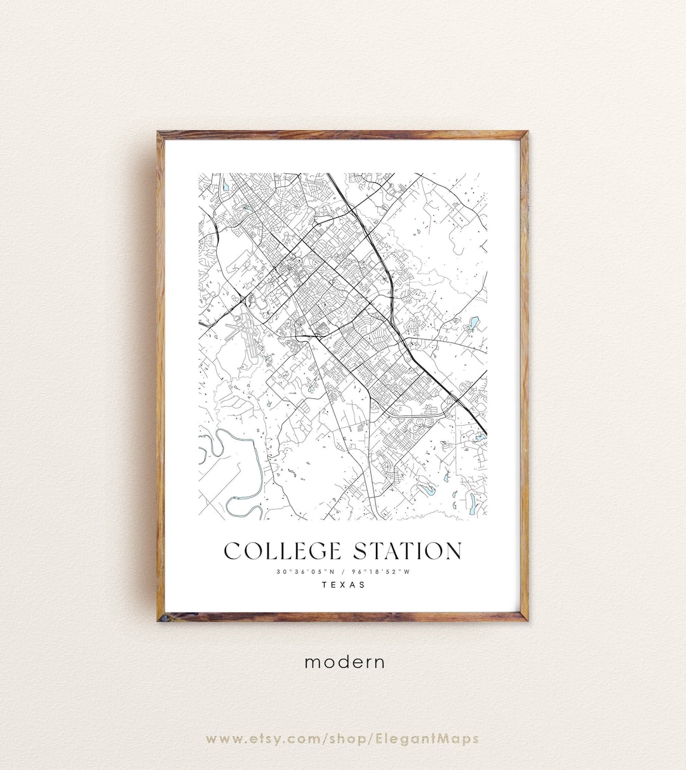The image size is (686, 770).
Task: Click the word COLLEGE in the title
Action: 283,551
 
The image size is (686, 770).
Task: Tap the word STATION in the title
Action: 408,551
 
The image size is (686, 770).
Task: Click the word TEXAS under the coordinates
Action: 344,584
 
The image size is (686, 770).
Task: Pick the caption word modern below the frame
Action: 344,662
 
